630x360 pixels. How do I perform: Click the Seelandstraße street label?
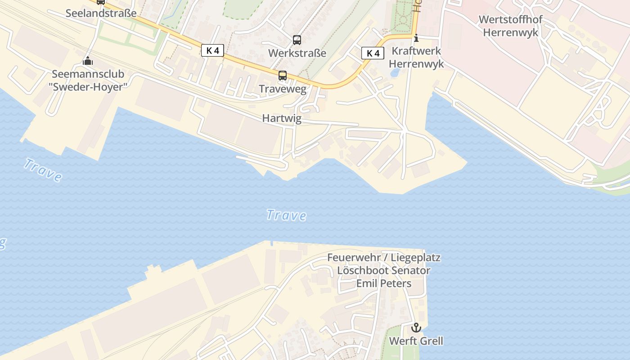click(101, 13)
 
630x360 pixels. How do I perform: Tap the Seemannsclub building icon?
click(88, 61)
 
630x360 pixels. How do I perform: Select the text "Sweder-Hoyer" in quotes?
click(88, 87)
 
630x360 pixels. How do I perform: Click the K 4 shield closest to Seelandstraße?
click(212, 50)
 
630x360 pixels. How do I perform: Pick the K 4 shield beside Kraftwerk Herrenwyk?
click(373, 53)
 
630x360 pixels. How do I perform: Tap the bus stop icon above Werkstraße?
click(297, 40)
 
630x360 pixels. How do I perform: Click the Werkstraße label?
click(297, 53)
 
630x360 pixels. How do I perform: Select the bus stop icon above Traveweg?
click(283, 75)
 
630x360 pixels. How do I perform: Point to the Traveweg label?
click(283, 89)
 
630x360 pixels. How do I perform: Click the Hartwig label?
click(282, 118)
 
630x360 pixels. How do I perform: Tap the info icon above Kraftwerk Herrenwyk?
click(416, 38)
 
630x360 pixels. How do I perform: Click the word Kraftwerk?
click(416, 51)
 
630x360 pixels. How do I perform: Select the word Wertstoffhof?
click(510, 20)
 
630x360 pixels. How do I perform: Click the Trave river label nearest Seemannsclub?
click(43, 170)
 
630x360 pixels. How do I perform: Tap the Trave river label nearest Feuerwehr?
click(286, 215)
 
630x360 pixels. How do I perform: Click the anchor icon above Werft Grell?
click(416, 327)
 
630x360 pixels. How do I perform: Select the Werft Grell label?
click(416, 341)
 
